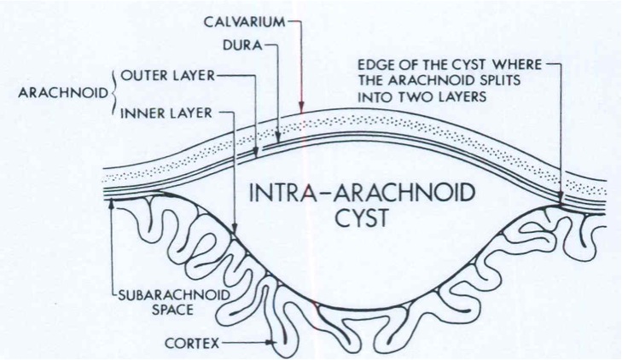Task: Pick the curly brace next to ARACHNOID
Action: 110,93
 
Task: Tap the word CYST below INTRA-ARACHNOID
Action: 358,218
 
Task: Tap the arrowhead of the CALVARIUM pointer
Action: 301,107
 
